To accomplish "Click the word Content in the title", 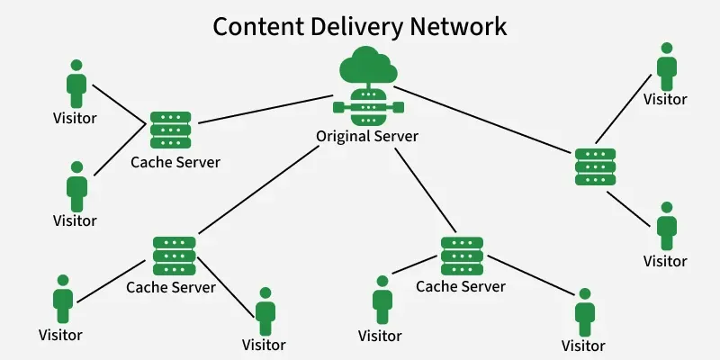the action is [259, 27].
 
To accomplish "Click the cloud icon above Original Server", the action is [368, 65].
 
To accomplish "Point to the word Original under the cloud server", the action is [343, 138].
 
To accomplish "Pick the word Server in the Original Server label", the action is [397, 137].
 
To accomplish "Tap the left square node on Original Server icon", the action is [338, 107].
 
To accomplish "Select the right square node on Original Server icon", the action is [398, 107].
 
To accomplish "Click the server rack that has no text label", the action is [595, 166].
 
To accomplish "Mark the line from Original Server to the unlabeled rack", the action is [481, 120].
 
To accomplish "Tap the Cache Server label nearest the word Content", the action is [175, 162].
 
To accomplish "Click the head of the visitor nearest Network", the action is [667, 49].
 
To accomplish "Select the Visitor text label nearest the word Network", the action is [665, 99].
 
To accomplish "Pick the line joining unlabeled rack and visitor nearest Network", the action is [623, 109].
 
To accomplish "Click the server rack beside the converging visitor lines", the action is [171, 130].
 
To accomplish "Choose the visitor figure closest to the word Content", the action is [76, 84].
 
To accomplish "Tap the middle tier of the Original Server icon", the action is [368, 107].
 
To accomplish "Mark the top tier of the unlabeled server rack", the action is [595, 154].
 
